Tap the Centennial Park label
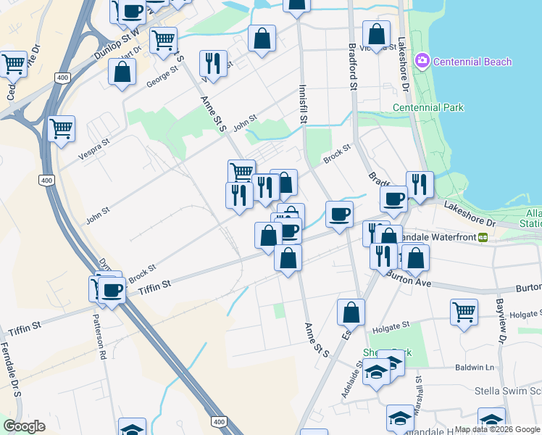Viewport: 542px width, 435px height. (428, 108)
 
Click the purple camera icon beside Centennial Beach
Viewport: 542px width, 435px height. (422, 62)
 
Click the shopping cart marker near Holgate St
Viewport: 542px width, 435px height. (464, 312)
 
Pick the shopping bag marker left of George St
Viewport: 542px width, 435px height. (122, 71)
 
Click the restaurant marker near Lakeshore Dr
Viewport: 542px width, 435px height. (420, 184)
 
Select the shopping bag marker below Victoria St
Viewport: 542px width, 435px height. (376, 33)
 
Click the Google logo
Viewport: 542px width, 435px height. (23, 426)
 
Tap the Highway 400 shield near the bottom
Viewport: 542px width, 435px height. (218, 421)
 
